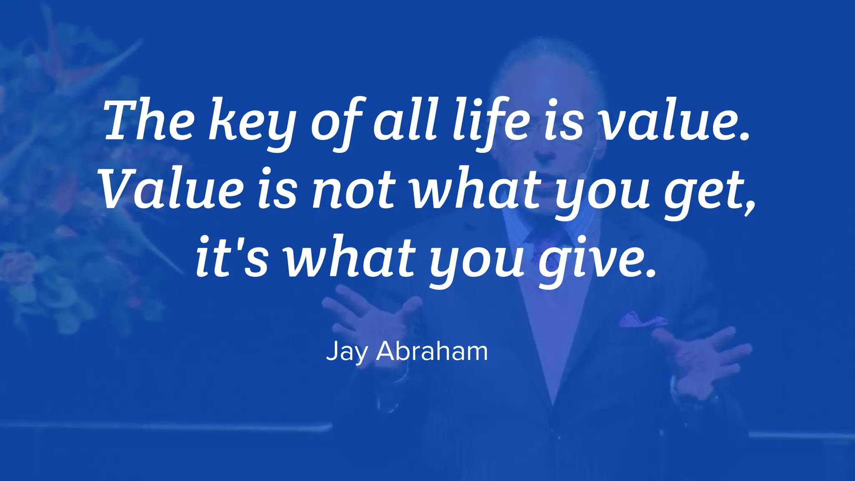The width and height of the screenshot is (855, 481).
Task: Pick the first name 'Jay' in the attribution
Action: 347,352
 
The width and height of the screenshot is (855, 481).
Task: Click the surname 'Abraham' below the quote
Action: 432,351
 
